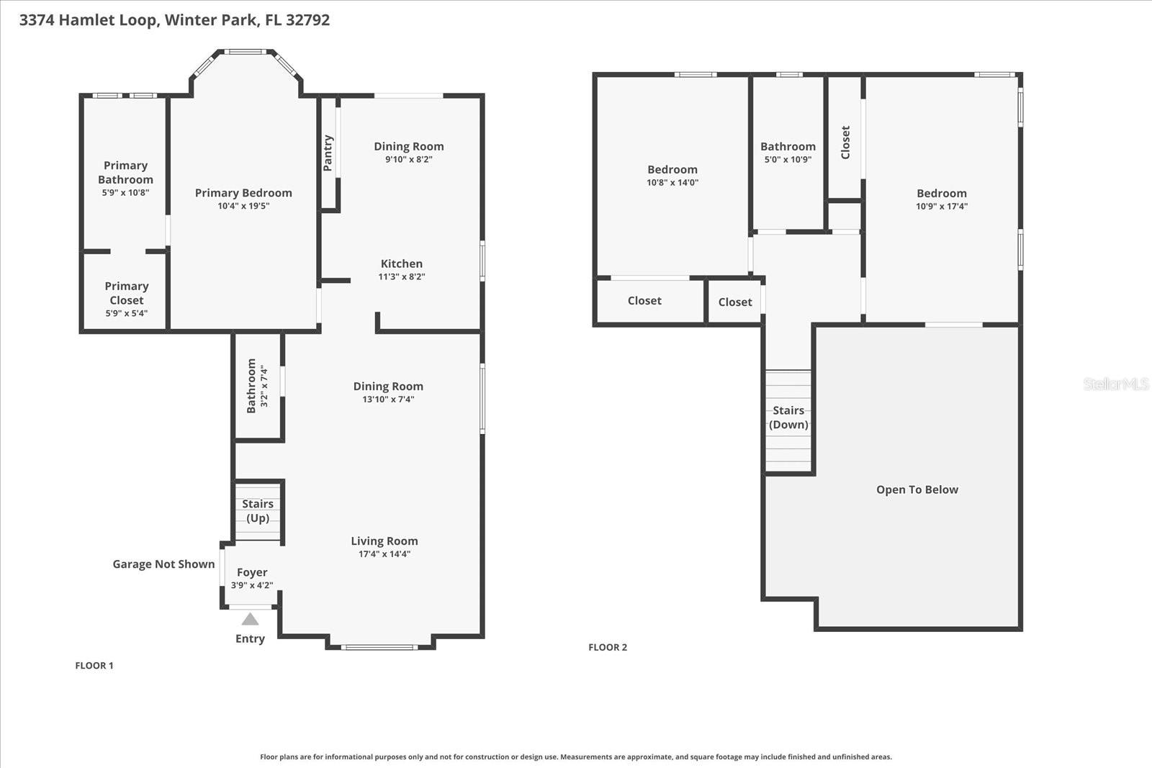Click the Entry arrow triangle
250,619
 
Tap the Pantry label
328,153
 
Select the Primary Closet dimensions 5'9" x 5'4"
126,313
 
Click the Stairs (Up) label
258,511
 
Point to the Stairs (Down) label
788,417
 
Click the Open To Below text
917,489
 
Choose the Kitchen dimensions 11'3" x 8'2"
402,276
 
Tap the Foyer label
252,572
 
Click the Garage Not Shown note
163,564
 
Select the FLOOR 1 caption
94,666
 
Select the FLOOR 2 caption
608,647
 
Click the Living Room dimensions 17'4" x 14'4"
384,554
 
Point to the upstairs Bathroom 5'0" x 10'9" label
788,147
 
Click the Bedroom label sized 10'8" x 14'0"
672,170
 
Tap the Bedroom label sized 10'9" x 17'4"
941,193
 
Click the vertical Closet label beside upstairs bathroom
845,143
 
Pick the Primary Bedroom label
243,193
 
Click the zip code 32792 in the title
307,20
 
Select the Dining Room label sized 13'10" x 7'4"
388,387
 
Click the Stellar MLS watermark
1115,384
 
